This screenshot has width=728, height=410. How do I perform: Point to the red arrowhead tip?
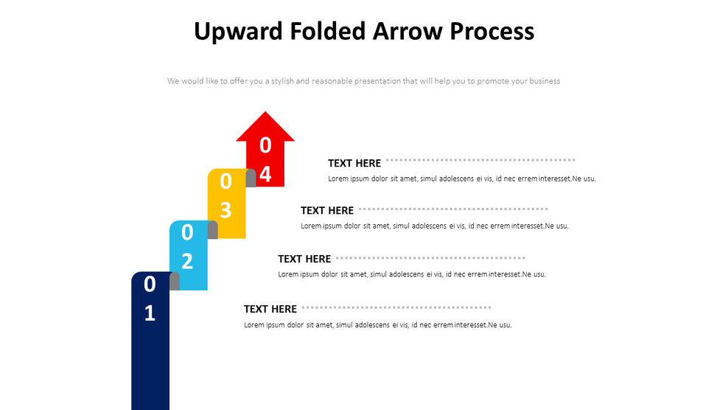pos(265,114)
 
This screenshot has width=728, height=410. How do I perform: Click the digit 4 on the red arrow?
pos(265,174)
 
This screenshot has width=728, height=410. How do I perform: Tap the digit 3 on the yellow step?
pos(226,210)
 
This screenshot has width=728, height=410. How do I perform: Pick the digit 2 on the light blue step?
pos(187,261)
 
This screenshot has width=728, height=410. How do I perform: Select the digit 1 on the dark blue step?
pos(150,313)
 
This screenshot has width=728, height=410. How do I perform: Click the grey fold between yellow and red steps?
pos(251,178)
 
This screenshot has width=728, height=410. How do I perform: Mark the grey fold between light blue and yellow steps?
pos(212,229)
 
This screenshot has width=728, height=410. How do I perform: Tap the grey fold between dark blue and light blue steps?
pos(175,281)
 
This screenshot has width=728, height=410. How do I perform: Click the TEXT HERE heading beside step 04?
pos(354,163)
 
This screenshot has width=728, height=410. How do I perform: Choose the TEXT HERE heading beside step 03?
pos(327,210)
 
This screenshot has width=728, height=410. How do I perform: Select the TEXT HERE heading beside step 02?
pos(304,259)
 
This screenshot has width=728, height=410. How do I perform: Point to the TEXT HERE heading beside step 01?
pos(270,309)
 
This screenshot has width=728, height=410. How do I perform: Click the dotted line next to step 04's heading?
pos(480,159)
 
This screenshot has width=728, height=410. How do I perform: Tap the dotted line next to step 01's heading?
pos(396,307)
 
